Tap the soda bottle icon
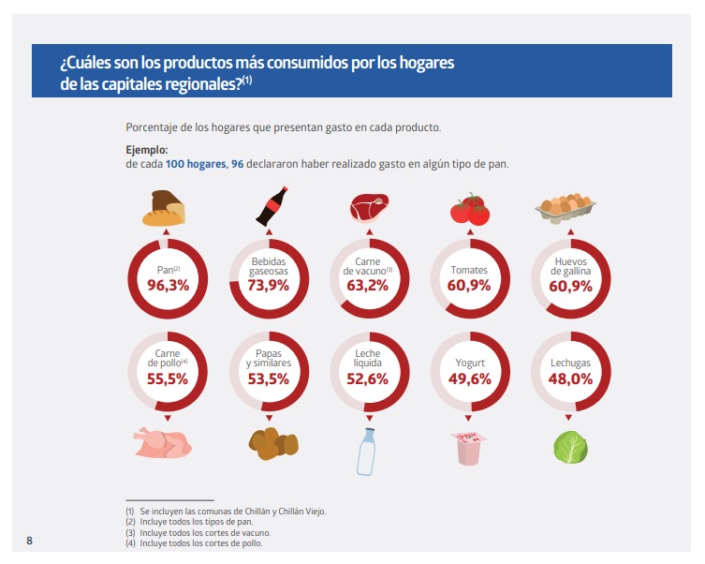click(271, 205)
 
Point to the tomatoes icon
click(470, 209)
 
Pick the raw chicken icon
click(166, 444)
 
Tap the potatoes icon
click(271, 445)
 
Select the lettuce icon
click(569, 446)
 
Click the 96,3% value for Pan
click(169, 286)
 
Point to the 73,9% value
click(269, 286)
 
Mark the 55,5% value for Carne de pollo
click(168, 378)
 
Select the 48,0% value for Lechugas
click(570, 378)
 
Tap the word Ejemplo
click(147, 150)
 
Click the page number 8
click(29, 542)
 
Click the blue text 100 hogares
click(195, 164)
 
